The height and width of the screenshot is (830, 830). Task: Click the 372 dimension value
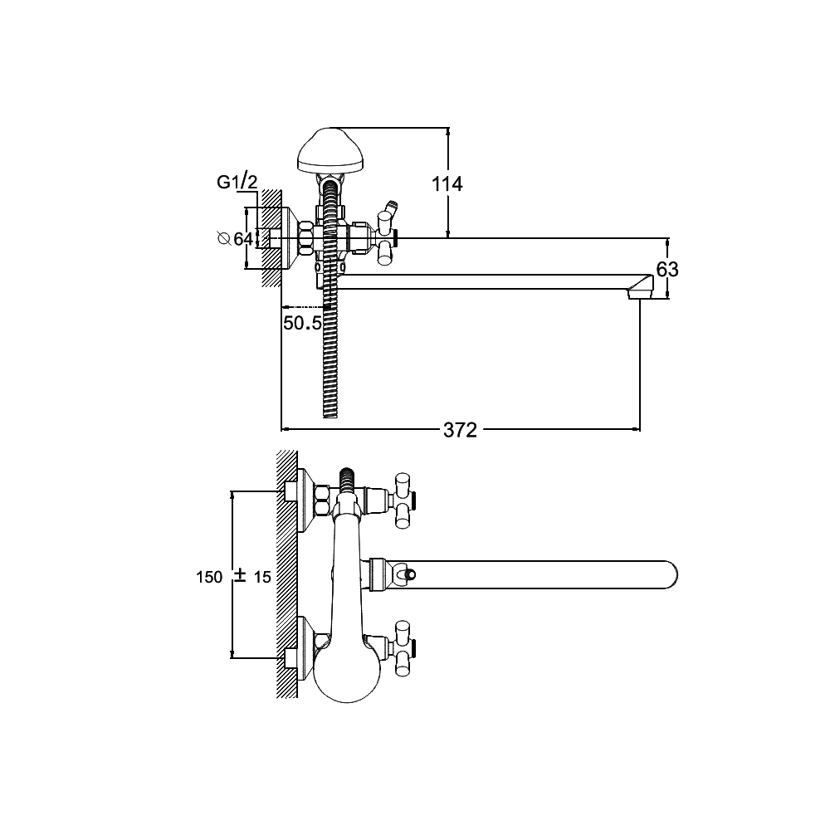pos(460,430)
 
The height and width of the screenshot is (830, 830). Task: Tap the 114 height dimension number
pos(447,184)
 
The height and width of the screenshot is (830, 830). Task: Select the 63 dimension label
pos(667,270)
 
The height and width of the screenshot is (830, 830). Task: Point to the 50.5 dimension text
pos(302,323)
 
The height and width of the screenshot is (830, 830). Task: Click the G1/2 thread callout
pos(237,182)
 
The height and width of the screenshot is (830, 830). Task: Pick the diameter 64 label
pos(236,239)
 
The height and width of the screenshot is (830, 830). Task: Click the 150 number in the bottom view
pos(209,577)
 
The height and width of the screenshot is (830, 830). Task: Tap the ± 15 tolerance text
pos(252,577)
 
